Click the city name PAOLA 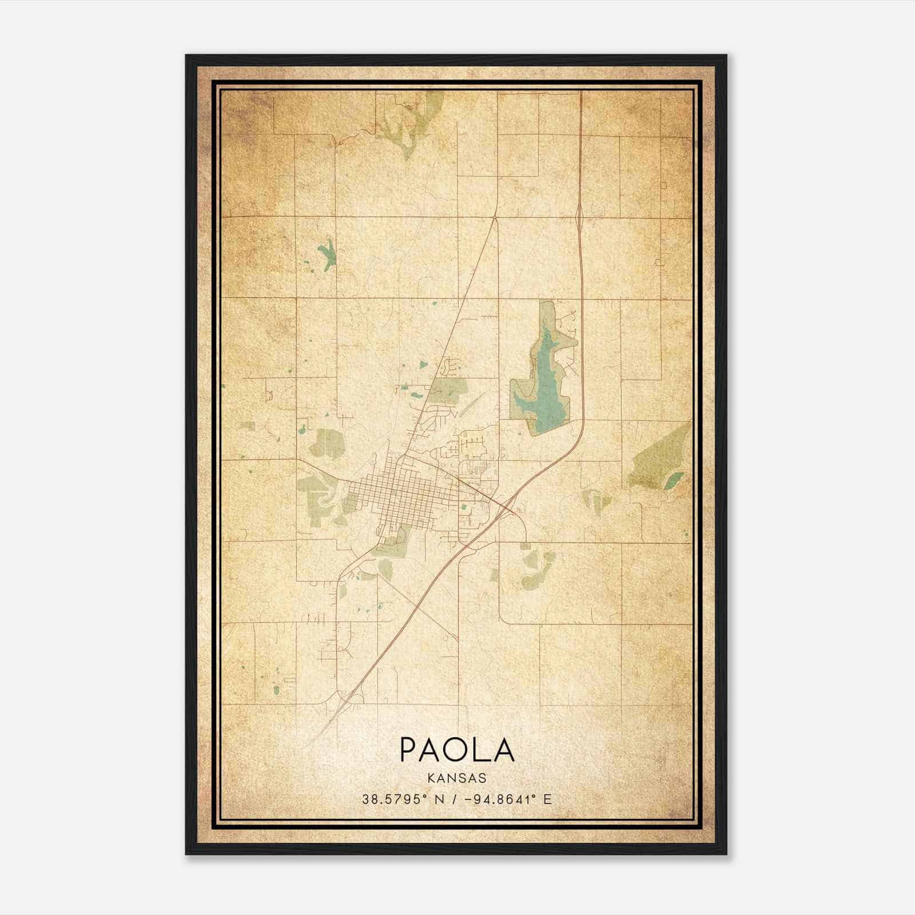(x=457, y=750)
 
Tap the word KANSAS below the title (x=456, y=778)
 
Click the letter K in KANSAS (x=430, y=778)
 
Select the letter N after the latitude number (x=439, y=799)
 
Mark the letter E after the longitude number (x=548, y=799)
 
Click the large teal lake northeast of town (x=547, y=383)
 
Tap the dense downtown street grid (x=395, y=492)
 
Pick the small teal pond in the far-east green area (x=674, y=479)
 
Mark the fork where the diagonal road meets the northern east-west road (x=495, y=217)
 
